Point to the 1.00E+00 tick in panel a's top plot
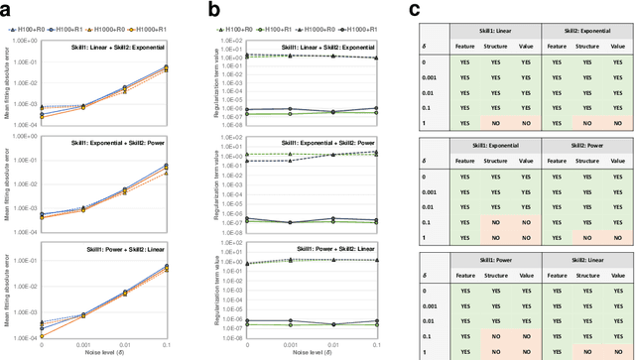click(24, 42)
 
